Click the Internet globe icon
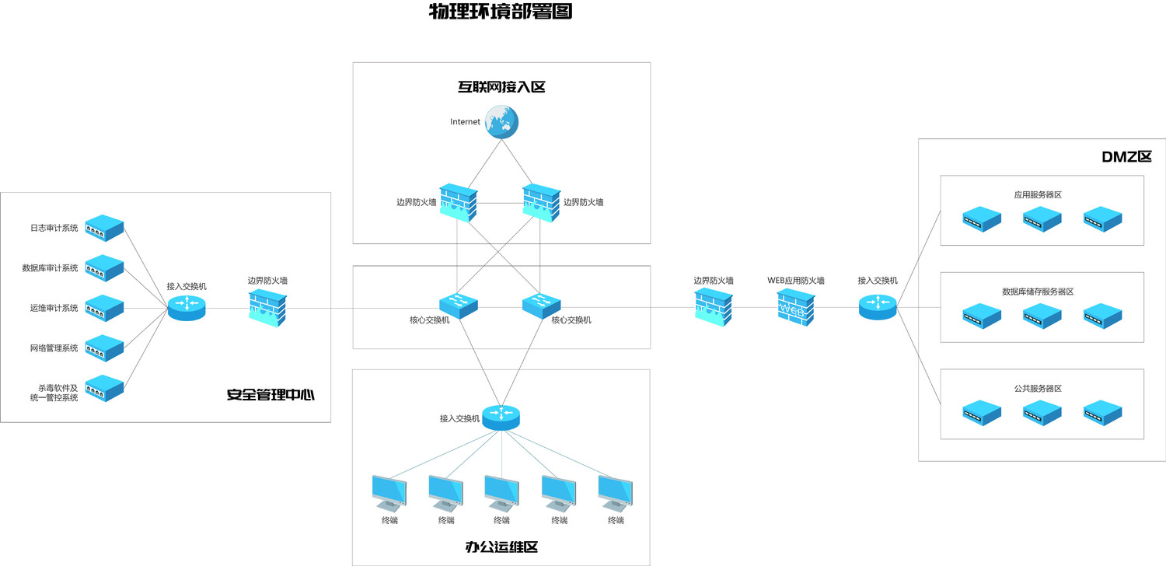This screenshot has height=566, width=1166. pos(501,123)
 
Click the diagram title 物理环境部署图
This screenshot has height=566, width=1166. pos(501,12)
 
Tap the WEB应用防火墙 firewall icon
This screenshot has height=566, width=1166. pos(796,307)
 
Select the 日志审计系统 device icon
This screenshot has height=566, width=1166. pos(105,228)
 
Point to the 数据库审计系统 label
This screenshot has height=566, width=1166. pos(51,268)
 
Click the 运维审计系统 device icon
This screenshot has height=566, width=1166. pos(105,308)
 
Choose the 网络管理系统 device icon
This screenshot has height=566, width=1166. pos(105,348)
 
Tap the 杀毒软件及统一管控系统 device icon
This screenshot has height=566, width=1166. pos(105,388)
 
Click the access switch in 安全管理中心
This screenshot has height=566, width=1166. pos(187,307)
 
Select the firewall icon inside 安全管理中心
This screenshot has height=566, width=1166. pos(267,307)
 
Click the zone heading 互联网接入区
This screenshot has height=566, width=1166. pos(501,87)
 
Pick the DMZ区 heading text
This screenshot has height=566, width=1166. pos(1126,157)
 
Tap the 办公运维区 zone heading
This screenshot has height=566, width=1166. pos(501,547)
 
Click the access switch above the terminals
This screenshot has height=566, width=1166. pos(501,418)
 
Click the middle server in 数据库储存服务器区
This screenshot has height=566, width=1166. pos(1042,316)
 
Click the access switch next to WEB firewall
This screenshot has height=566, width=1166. pos(878,307)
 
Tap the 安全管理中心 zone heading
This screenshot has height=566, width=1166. pos(271,395)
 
